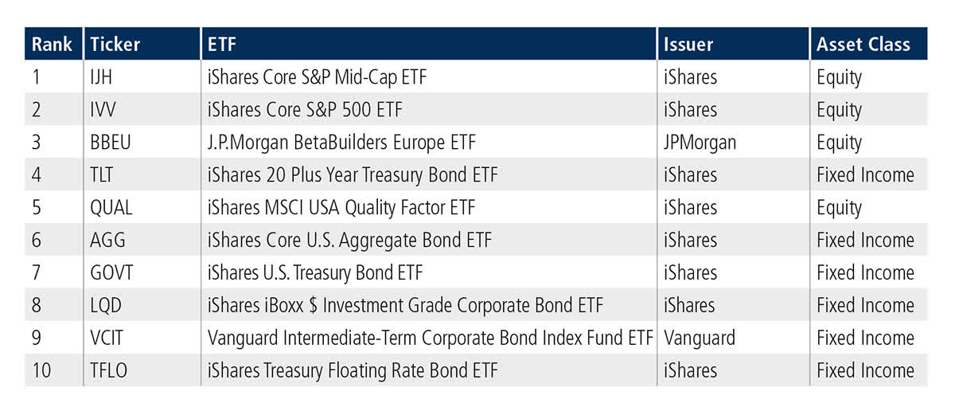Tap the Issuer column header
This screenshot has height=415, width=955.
690,45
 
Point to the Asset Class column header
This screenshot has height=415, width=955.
863,45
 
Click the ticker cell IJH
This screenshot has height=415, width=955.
103,77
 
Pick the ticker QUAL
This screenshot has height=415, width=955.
111,208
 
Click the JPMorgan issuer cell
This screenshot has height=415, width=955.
700,143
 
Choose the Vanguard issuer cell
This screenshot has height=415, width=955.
699,338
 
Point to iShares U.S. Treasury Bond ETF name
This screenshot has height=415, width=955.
315,273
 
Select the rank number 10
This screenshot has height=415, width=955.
41,370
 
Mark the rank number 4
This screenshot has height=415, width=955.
37,175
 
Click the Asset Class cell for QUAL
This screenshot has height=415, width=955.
839,208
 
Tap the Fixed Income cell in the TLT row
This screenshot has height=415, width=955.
865,175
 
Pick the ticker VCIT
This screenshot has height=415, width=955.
107,338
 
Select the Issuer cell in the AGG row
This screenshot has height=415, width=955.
690,241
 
